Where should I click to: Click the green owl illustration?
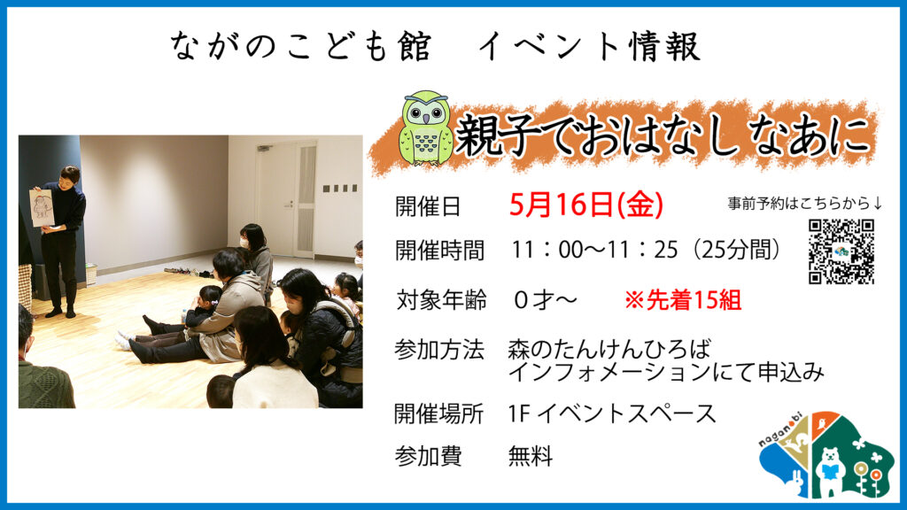point(426,127)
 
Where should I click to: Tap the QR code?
point(841,251)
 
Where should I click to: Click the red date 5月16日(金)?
point(586,205)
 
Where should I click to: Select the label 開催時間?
point(439,251)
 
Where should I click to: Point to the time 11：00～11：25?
point(594,250)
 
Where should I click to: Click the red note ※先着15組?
point(683,300)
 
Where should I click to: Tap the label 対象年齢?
point(441,300)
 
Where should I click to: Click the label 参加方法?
point(439,350)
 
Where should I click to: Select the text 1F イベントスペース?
point(612,413)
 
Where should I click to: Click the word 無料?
point(531,456)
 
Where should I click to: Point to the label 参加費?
point(428,456)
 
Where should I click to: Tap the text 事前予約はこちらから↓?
point(804,203)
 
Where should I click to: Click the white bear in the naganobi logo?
point(831,469)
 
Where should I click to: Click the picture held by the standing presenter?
point(42,207)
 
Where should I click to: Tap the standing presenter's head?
point(69,175)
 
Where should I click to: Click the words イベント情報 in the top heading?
point(590,46)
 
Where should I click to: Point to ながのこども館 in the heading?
point(301,46)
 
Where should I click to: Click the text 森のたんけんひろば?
point(609,349)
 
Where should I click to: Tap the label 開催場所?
point(439,413)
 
